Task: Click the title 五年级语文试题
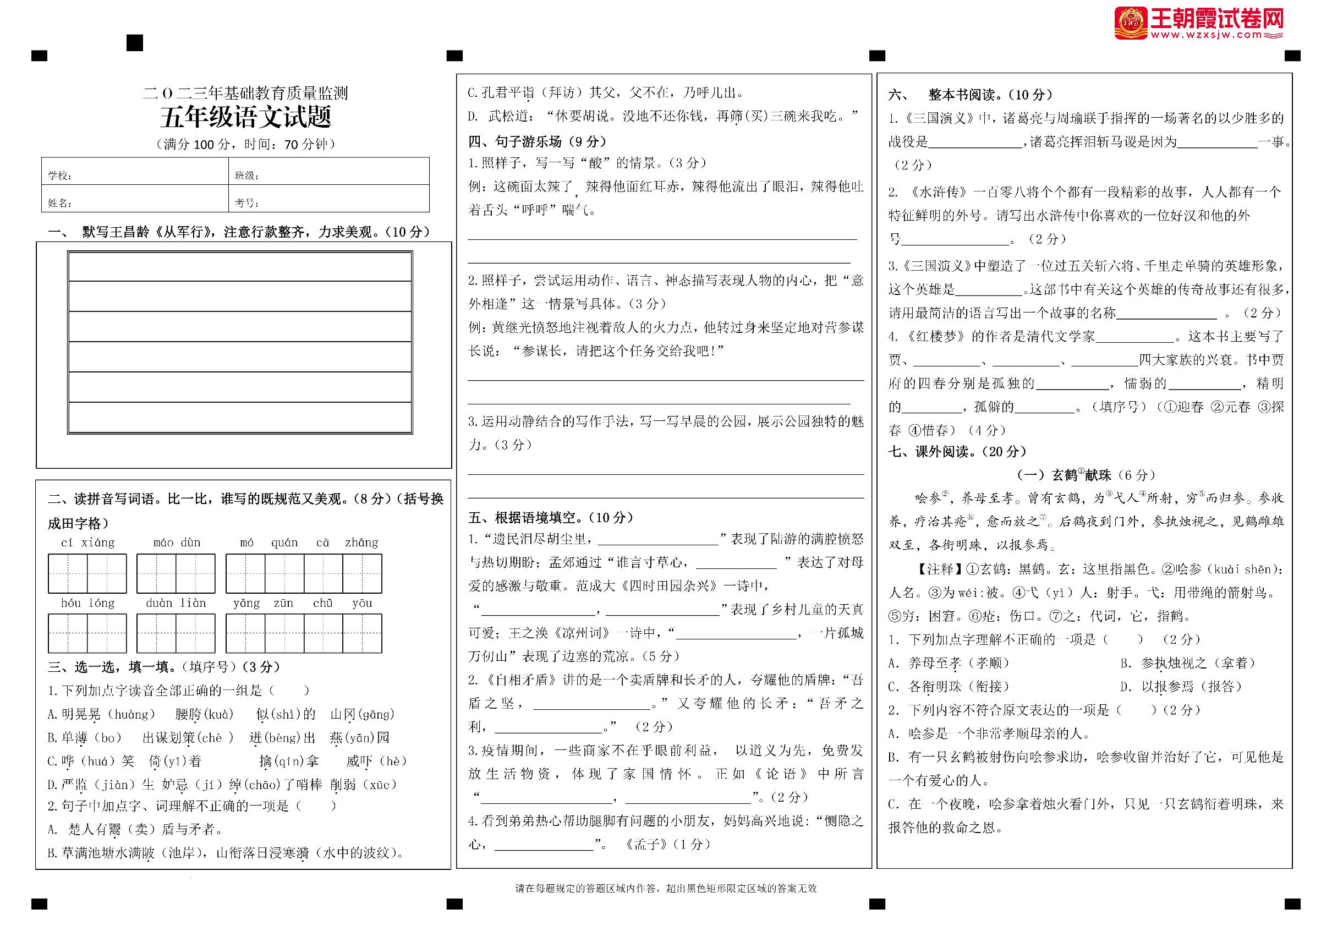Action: [x=245, y=118]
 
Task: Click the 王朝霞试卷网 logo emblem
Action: [x=1130, y=23]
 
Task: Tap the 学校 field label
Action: [x=60, y=176]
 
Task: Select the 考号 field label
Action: [x=247, y=203]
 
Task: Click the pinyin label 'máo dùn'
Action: [x=177, y=543]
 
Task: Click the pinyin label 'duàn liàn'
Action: [x=177, y=603]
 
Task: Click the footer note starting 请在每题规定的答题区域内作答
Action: [x=665, y=888]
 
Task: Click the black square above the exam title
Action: [x=135, y=42]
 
